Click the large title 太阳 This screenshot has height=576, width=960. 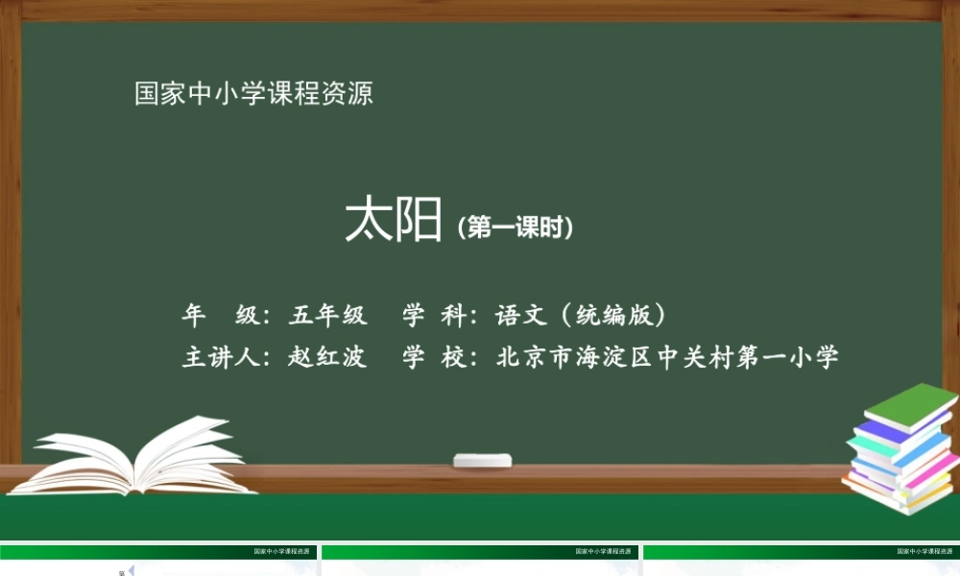(393, 222)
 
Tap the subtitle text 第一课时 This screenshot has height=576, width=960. (516, 228)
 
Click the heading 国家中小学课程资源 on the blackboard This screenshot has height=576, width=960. (253, 94)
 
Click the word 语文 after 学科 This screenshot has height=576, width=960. (521, 315)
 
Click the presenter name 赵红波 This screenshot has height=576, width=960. (328, 357)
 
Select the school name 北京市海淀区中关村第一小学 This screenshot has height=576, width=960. (668, 357)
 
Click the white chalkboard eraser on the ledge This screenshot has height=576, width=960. (482, 461)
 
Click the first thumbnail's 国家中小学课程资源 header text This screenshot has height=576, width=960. (281, 552)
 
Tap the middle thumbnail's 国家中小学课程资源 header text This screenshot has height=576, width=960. (603, 552)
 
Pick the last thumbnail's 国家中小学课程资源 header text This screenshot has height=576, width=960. (924, 552)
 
